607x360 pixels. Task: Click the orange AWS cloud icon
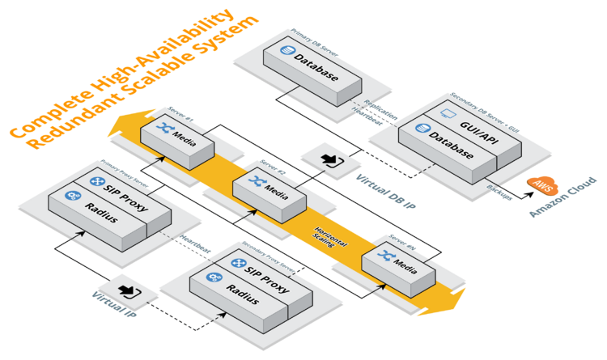[540, 185]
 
